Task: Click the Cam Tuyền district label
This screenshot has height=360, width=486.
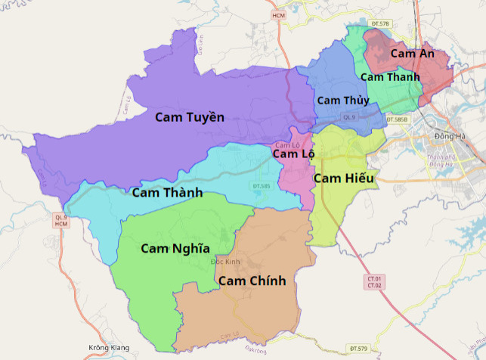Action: point(190,116)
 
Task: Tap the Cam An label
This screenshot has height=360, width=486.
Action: point(412,54)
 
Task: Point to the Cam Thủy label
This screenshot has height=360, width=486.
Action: point(342,101)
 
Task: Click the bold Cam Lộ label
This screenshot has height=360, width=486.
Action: point(293,154)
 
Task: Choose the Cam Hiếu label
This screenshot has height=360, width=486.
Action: point(344,178)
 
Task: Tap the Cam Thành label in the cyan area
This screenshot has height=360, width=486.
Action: point(167,193)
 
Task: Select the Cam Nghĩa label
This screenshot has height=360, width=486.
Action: point(175,248)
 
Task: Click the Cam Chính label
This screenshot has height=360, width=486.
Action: point(252,281)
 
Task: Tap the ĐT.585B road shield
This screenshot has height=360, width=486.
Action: point(397,119)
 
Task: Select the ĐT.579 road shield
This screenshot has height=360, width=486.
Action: point(358,348)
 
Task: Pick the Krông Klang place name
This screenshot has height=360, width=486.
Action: point(109,348)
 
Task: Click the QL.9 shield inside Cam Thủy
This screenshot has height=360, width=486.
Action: point(348,117)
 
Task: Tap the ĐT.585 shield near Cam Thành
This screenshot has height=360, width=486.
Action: point(261,185)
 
